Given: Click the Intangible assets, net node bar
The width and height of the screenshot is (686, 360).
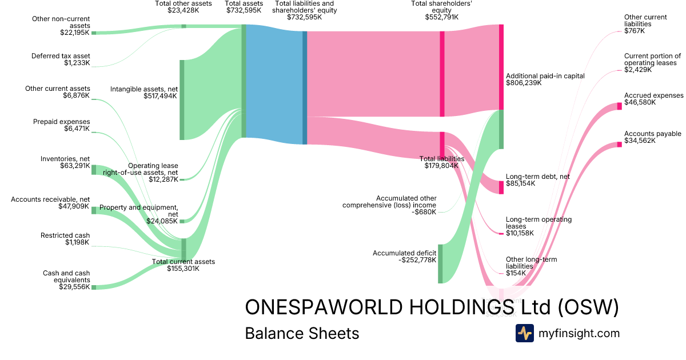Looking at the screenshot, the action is tap(182, 99).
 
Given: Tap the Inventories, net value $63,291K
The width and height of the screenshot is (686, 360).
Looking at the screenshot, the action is tap(74, 166).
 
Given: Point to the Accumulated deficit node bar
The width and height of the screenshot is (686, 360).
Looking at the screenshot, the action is tap(440, 263).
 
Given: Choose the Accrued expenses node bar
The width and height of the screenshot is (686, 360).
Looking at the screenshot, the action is tap(619, 106).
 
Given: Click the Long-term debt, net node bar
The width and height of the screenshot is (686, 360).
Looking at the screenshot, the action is tap(501, 187).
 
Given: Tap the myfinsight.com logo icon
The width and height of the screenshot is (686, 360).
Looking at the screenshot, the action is tap(524, 333).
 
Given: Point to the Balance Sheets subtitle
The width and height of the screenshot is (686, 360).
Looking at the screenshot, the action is tap(302, 333).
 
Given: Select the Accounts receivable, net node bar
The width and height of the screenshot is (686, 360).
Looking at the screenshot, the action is tap(94, 210).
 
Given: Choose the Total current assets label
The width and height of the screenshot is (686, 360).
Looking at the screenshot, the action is tap(183, 262).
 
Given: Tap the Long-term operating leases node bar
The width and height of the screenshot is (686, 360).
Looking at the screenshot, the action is tap(501, 233).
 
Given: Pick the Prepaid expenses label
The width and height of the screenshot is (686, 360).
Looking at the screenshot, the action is tap(61, 122).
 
